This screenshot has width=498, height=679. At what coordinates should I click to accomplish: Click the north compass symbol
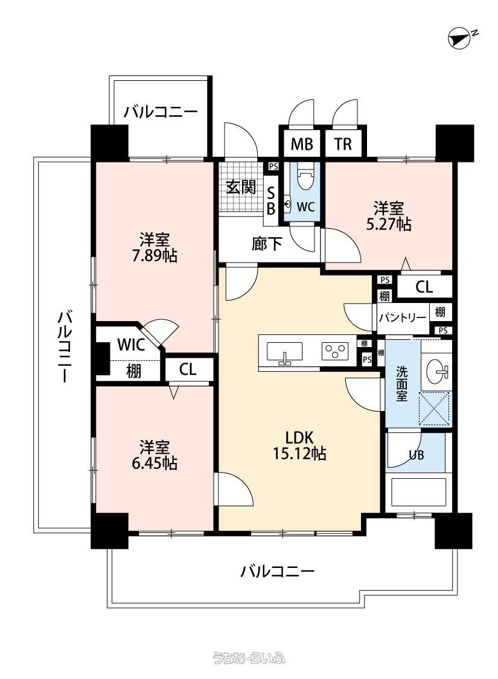click(459, 38)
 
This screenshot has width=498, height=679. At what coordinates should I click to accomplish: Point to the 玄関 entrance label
click(241, 187)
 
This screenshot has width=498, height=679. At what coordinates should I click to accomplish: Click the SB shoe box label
click(270, 201)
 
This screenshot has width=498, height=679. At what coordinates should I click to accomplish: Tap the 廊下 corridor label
click(266, 244)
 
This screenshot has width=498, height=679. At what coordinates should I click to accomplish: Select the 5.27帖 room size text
click(389, 225)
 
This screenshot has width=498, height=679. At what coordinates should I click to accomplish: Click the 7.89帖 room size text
click(155, 255)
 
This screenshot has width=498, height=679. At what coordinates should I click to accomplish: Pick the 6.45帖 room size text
click(155, 463)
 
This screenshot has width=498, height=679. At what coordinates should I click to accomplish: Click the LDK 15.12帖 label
click(299, 445)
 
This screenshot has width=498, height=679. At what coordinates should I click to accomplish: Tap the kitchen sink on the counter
click(284, 351)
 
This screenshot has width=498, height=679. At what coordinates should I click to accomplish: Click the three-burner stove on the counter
click(335, 350)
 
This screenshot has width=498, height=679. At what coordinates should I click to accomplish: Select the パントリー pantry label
click(402, 318)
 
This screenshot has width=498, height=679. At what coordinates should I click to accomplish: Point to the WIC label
click(131, 345)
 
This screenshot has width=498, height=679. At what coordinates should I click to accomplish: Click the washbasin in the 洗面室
click(438, 371)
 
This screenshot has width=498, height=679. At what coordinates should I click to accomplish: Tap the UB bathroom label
click(416, 455)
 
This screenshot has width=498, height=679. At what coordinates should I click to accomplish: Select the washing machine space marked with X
click(435, 409)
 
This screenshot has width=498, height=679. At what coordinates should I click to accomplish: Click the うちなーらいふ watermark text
click(249, 658)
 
